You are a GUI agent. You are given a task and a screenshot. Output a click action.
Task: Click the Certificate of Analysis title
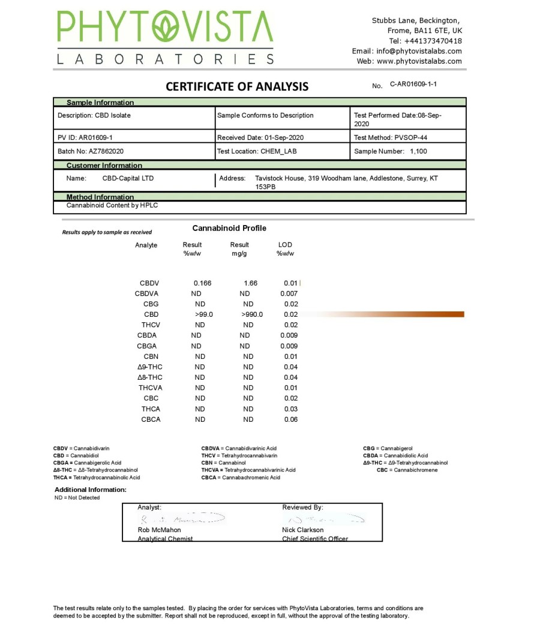point(237,86)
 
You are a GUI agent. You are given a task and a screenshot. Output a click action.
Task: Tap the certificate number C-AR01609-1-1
point(413,85)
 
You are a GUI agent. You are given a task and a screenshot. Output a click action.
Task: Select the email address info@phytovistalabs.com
point(419,51)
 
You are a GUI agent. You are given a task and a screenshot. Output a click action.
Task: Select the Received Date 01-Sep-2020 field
point(260,137)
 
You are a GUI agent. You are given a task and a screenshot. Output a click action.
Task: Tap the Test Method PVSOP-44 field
point(391,137)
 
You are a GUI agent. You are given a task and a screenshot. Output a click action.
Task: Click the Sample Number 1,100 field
point(391,151)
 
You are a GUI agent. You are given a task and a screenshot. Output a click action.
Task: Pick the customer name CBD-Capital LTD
point(128,178)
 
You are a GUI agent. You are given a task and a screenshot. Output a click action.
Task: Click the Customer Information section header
point(104,166)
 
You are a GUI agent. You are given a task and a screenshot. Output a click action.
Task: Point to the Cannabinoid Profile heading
point(229,229)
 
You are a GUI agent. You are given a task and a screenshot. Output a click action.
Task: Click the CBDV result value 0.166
point(202,283)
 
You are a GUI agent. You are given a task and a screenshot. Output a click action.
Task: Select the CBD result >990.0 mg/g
point(252,314)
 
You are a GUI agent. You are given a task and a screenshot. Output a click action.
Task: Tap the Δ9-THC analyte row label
point(149,367)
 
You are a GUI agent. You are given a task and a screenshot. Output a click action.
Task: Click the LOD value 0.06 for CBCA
point(290,419)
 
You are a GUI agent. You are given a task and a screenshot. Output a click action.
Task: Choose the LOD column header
point(285,245)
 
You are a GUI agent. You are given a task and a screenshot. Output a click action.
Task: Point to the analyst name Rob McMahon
point(159,530)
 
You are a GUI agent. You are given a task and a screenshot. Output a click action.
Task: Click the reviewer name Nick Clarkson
point(302,530)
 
